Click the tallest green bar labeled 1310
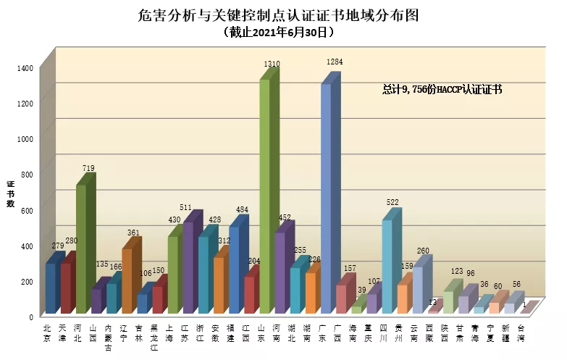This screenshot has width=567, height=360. (x=265, y=196)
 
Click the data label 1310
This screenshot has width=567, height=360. (x=272, y=64)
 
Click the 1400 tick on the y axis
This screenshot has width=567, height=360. (x=25, y=68)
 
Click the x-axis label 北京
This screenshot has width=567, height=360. (x=48, y=332)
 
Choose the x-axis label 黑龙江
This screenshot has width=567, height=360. (x=154, y=337)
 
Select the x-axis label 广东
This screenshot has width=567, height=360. (x=322, y=332)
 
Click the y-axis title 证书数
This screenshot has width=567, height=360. (x=11, y=193)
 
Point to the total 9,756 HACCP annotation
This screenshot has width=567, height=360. (x=442, y=90)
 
